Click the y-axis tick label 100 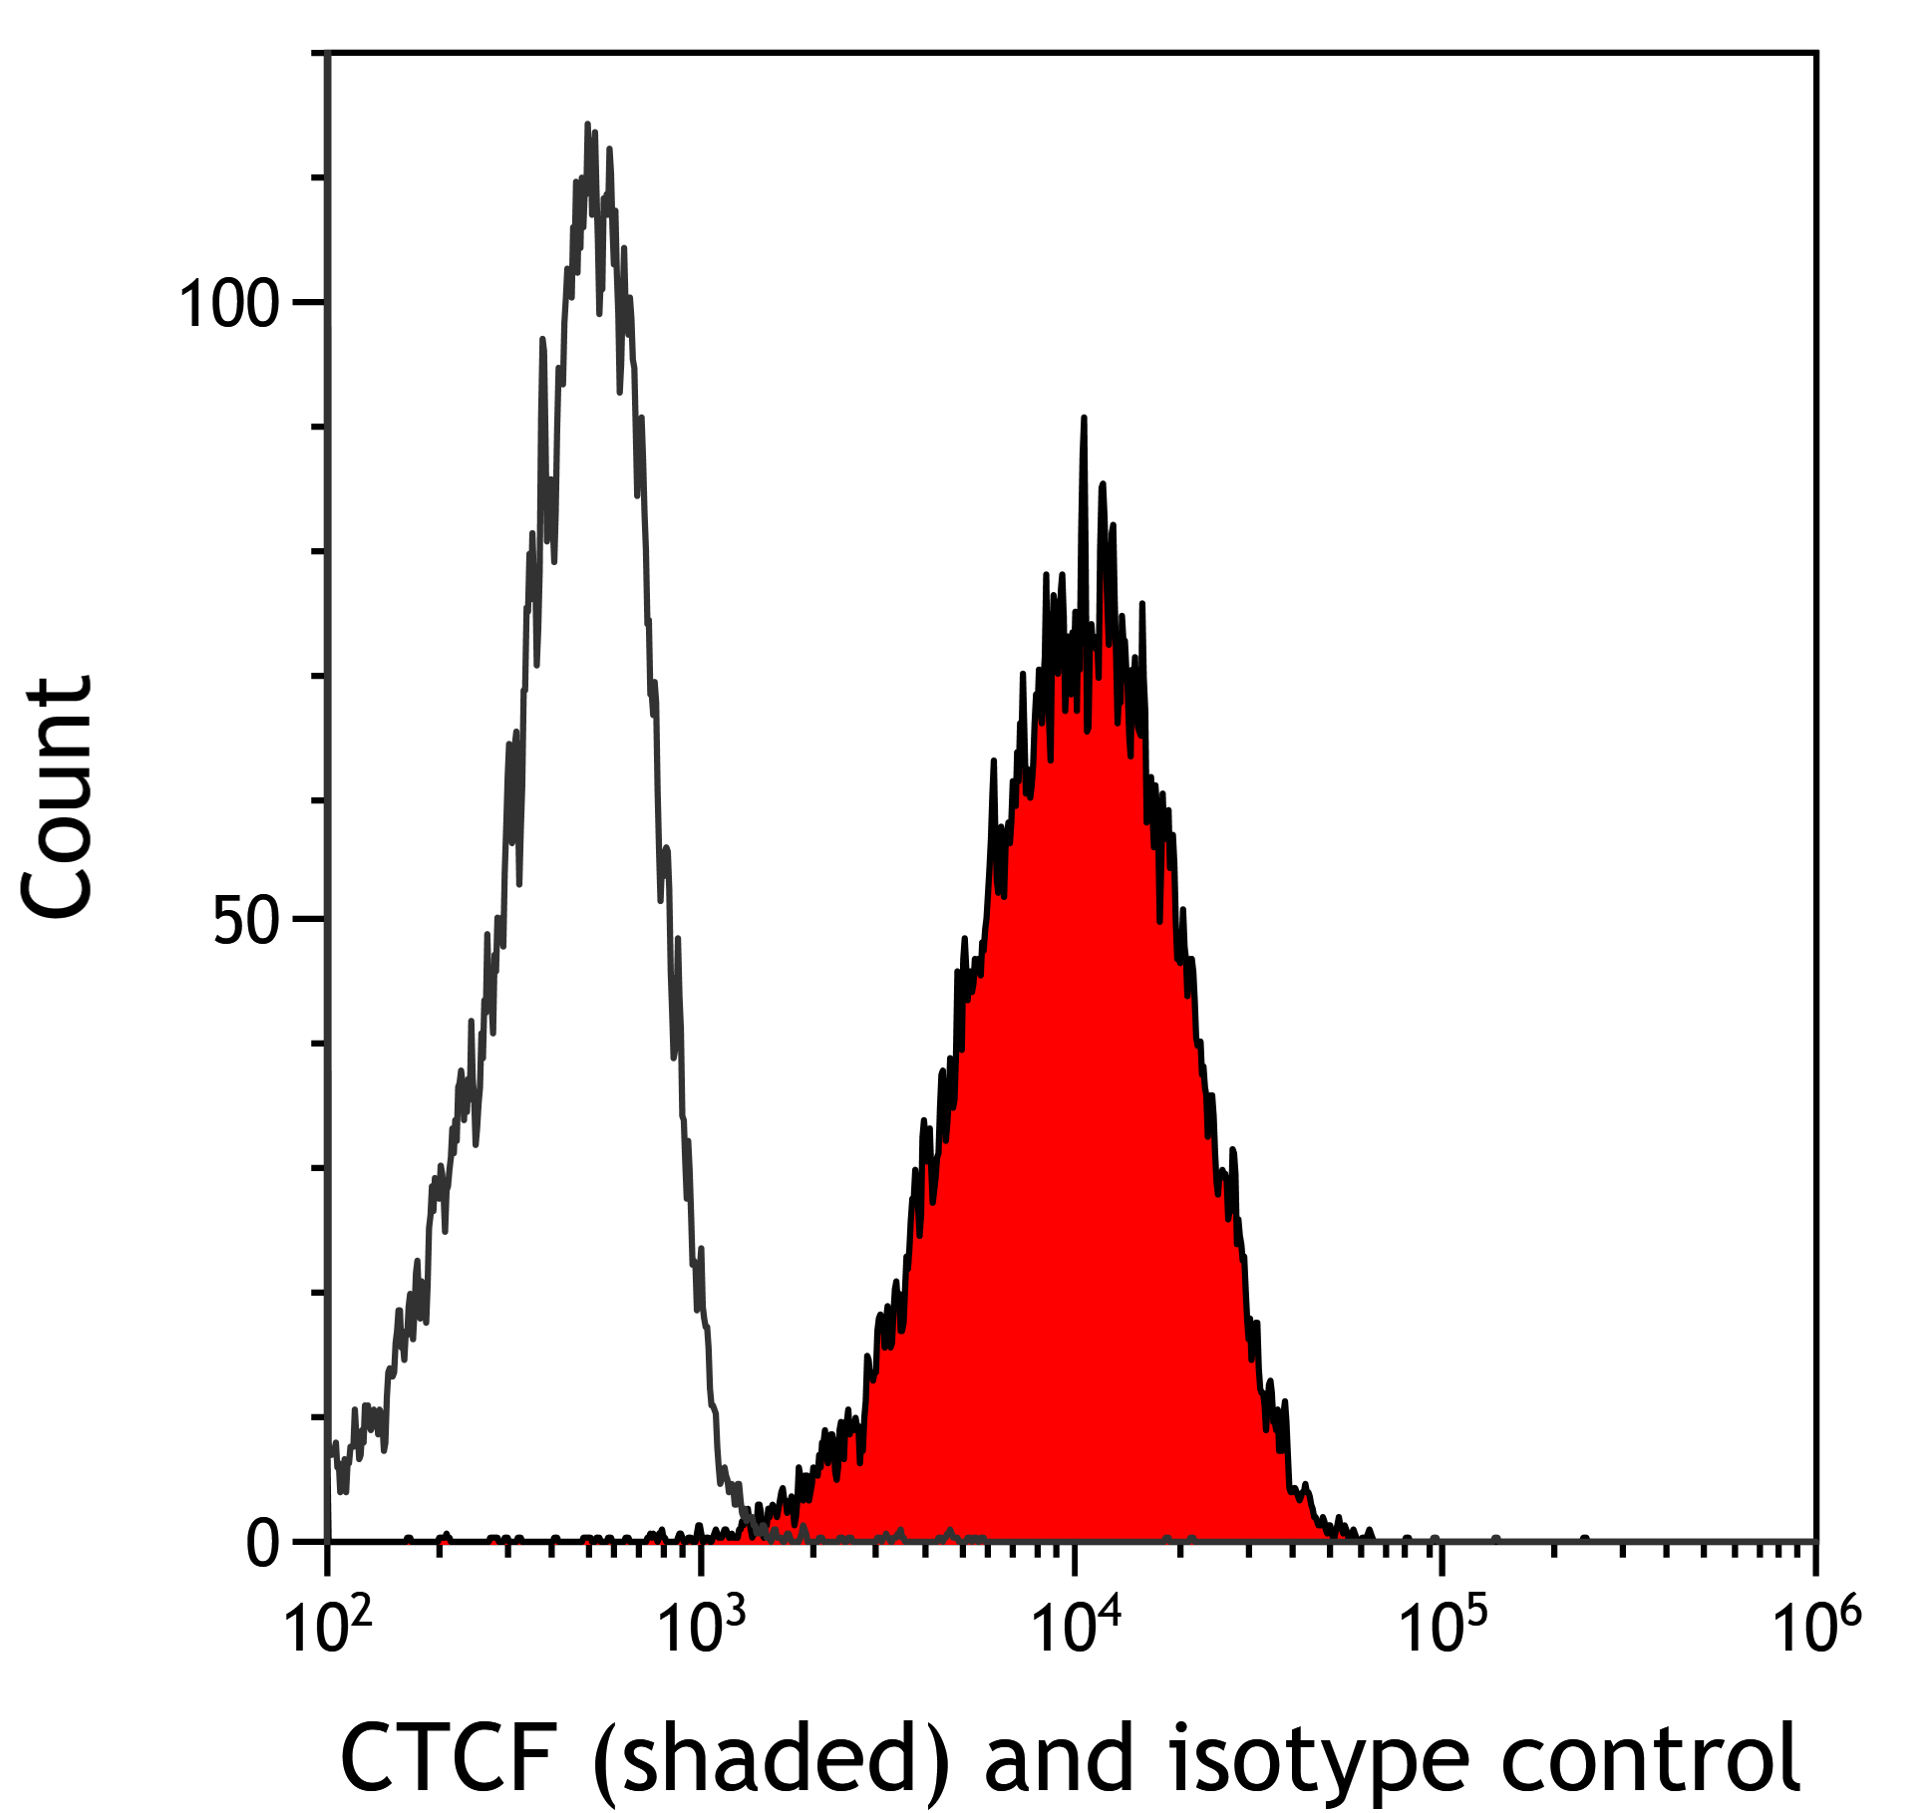pyautogui.click(x=227, y=304)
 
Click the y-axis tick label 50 pyautogui.click(x=246, y=922)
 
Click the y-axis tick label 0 pyautogui.click(x=263, y=1544)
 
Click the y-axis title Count pyautogui.click(x=58, y=797)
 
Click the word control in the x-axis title pyautogui.click(x=1650, y=1758)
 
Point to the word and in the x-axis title pyautogui.click(x=1059, y=1758)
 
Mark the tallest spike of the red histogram pyautogui.click(x=1084, y=419)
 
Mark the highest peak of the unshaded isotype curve pyautogui.click(x=588, y=126)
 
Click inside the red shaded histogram pyautogui.click(x=1077, y=1096)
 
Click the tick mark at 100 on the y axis pyautogui.click(x=311, y=301)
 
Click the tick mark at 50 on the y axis pyautogui.click(x=311, y=918)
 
